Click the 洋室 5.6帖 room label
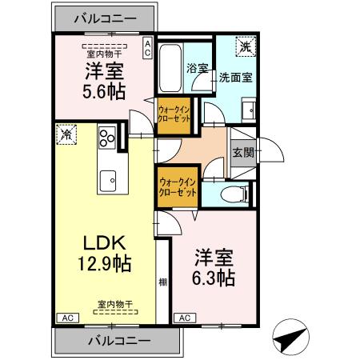click(x=104, y=80)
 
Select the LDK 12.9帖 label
click(x=104, y=252)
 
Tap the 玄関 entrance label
click(x=242, y=150)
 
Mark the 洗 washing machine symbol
click(x=246, y=46)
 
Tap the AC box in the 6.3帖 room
click(x=184, y=318)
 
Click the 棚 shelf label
click(x=162, y=282)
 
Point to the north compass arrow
click(x=292, y=336)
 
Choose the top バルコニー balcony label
click(x=104, y=17)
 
